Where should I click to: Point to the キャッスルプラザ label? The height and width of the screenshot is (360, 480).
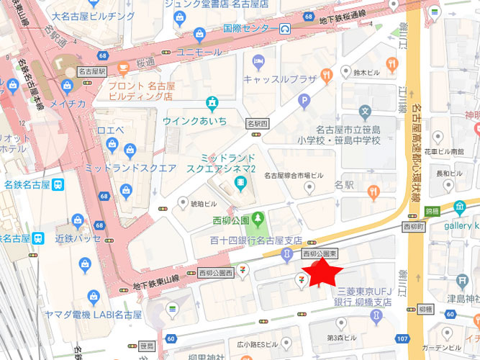tap(281, 78)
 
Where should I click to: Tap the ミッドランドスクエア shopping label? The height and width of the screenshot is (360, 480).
tap(130, 167)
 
